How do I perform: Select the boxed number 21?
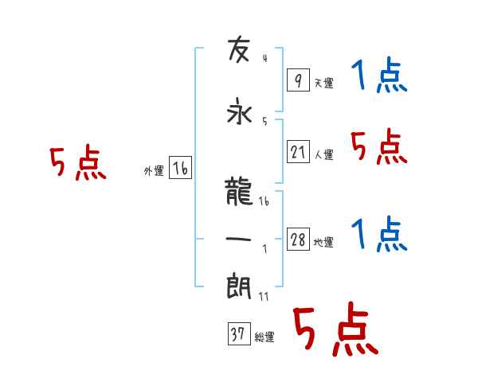point(298,152)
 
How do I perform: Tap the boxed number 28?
point(298,240)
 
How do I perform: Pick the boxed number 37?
point(237,335)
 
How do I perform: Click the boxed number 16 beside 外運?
point(180,169)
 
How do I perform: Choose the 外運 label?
point(153,171)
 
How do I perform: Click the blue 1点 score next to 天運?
point(379,77)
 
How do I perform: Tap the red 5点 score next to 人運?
point(379,147)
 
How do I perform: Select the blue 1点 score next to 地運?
point(379,236)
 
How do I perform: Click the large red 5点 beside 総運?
point(335,330)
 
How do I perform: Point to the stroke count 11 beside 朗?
point(264,296)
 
